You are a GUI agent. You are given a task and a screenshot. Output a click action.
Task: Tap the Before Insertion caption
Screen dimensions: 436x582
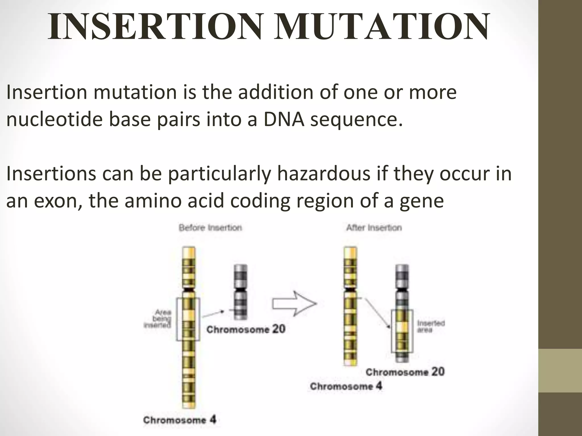[210, 228]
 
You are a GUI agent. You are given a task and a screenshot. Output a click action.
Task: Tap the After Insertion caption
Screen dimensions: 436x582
[374, 228]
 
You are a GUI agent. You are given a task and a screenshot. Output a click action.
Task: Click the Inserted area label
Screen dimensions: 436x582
[431, 326]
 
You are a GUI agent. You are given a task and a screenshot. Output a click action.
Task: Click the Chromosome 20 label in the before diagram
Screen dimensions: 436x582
[246, 330]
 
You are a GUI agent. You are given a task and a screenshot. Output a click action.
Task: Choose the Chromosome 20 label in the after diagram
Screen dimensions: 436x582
[405, 372]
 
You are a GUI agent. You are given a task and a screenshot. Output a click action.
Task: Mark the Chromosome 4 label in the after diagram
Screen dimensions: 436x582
[346, 387]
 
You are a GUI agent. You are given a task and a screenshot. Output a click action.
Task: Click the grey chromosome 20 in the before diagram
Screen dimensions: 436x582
[240, 292]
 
